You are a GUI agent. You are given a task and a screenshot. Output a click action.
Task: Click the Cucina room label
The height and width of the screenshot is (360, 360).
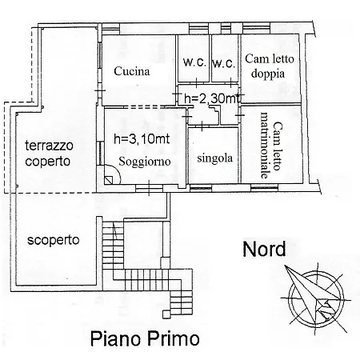pos(132,71)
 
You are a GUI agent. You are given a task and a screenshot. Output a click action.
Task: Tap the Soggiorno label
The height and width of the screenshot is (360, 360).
pos(145,162)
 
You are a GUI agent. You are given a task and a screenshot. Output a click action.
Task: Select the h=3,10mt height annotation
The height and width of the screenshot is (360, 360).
pos(142,139)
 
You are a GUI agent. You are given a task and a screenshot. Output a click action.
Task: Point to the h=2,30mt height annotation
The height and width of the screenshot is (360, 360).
pos(212,99)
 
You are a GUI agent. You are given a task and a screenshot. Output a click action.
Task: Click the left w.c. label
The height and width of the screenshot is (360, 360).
pos(194,62)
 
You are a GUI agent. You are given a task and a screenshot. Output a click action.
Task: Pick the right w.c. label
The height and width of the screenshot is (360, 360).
pos(224,63)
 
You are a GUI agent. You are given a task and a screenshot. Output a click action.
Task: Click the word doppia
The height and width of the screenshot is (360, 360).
pos(268,74)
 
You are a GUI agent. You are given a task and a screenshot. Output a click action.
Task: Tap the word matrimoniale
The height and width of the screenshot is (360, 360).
pos(264,145)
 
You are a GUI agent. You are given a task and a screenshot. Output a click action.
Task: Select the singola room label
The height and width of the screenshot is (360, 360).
pos(215,158)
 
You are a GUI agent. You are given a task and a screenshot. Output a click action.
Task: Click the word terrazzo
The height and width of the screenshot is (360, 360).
pos(49,146)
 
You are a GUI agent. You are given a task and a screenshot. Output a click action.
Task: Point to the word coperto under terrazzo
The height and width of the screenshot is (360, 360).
pos(48,162)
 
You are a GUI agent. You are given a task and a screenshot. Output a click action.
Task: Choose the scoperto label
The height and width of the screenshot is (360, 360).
pos(54,240)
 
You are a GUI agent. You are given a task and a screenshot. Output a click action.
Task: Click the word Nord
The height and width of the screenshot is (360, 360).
pos(264,249)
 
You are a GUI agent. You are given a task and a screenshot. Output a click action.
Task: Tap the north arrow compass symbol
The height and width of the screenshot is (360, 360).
pos(316,298)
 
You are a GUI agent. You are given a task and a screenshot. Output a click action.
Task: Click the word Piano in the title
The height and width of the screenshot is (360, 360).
pos(115,338)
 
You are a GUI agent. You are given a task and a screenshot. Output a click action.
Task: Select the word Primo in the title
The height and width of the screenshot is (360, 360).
pos(174,338)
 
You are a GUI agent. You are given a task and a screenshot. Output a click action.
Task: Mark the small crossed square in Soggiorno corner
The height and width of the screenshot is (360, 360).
pos(109,180)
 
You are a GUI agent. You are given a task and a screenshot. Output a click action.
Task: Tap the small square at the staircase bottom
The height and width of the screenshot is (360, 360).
pos(166,314)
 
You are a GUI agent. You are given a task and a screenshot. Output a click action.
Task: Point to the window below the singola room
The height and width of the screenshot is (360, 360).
pos(201,189)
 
